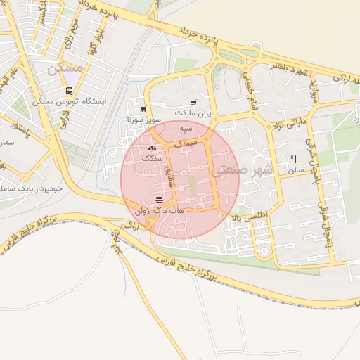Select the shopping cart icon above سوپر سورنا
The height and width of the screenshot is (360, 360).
point(143,109)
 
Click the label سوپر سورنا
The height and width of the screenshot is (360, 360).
point(145,120)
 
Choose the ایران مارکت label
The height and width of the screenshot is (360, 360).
point(193,112)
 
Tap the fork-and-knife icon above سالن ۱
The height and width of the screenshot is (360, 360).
point(294,159)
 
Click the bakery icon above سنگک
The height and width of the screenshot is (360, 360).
point(153,148)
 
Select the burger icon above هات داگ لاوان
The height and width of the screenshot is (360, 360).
point(158,200)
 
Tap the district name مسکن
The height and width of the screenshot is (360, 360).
point(64,70)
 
